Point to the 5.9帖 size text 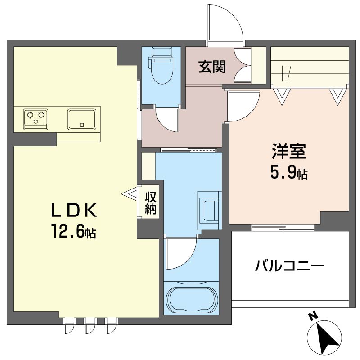288,172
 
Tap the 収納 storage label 150,203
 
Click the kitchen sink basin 82,119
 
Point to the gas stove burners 36,118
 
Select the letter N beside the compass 311,316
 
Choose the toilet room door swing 167,120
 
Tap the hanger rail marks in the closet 286,71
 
